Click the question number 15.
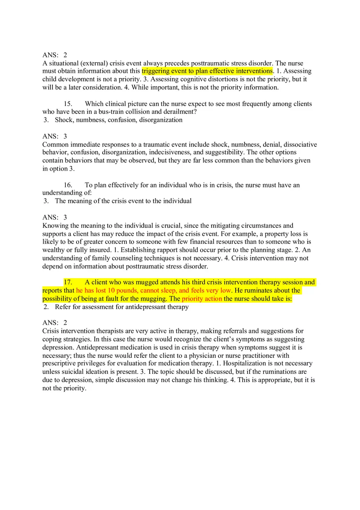[68, 104]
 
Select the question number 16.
[68, 185]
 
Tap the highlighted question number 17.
[68, 282]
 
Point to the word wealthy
[54, 250]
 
